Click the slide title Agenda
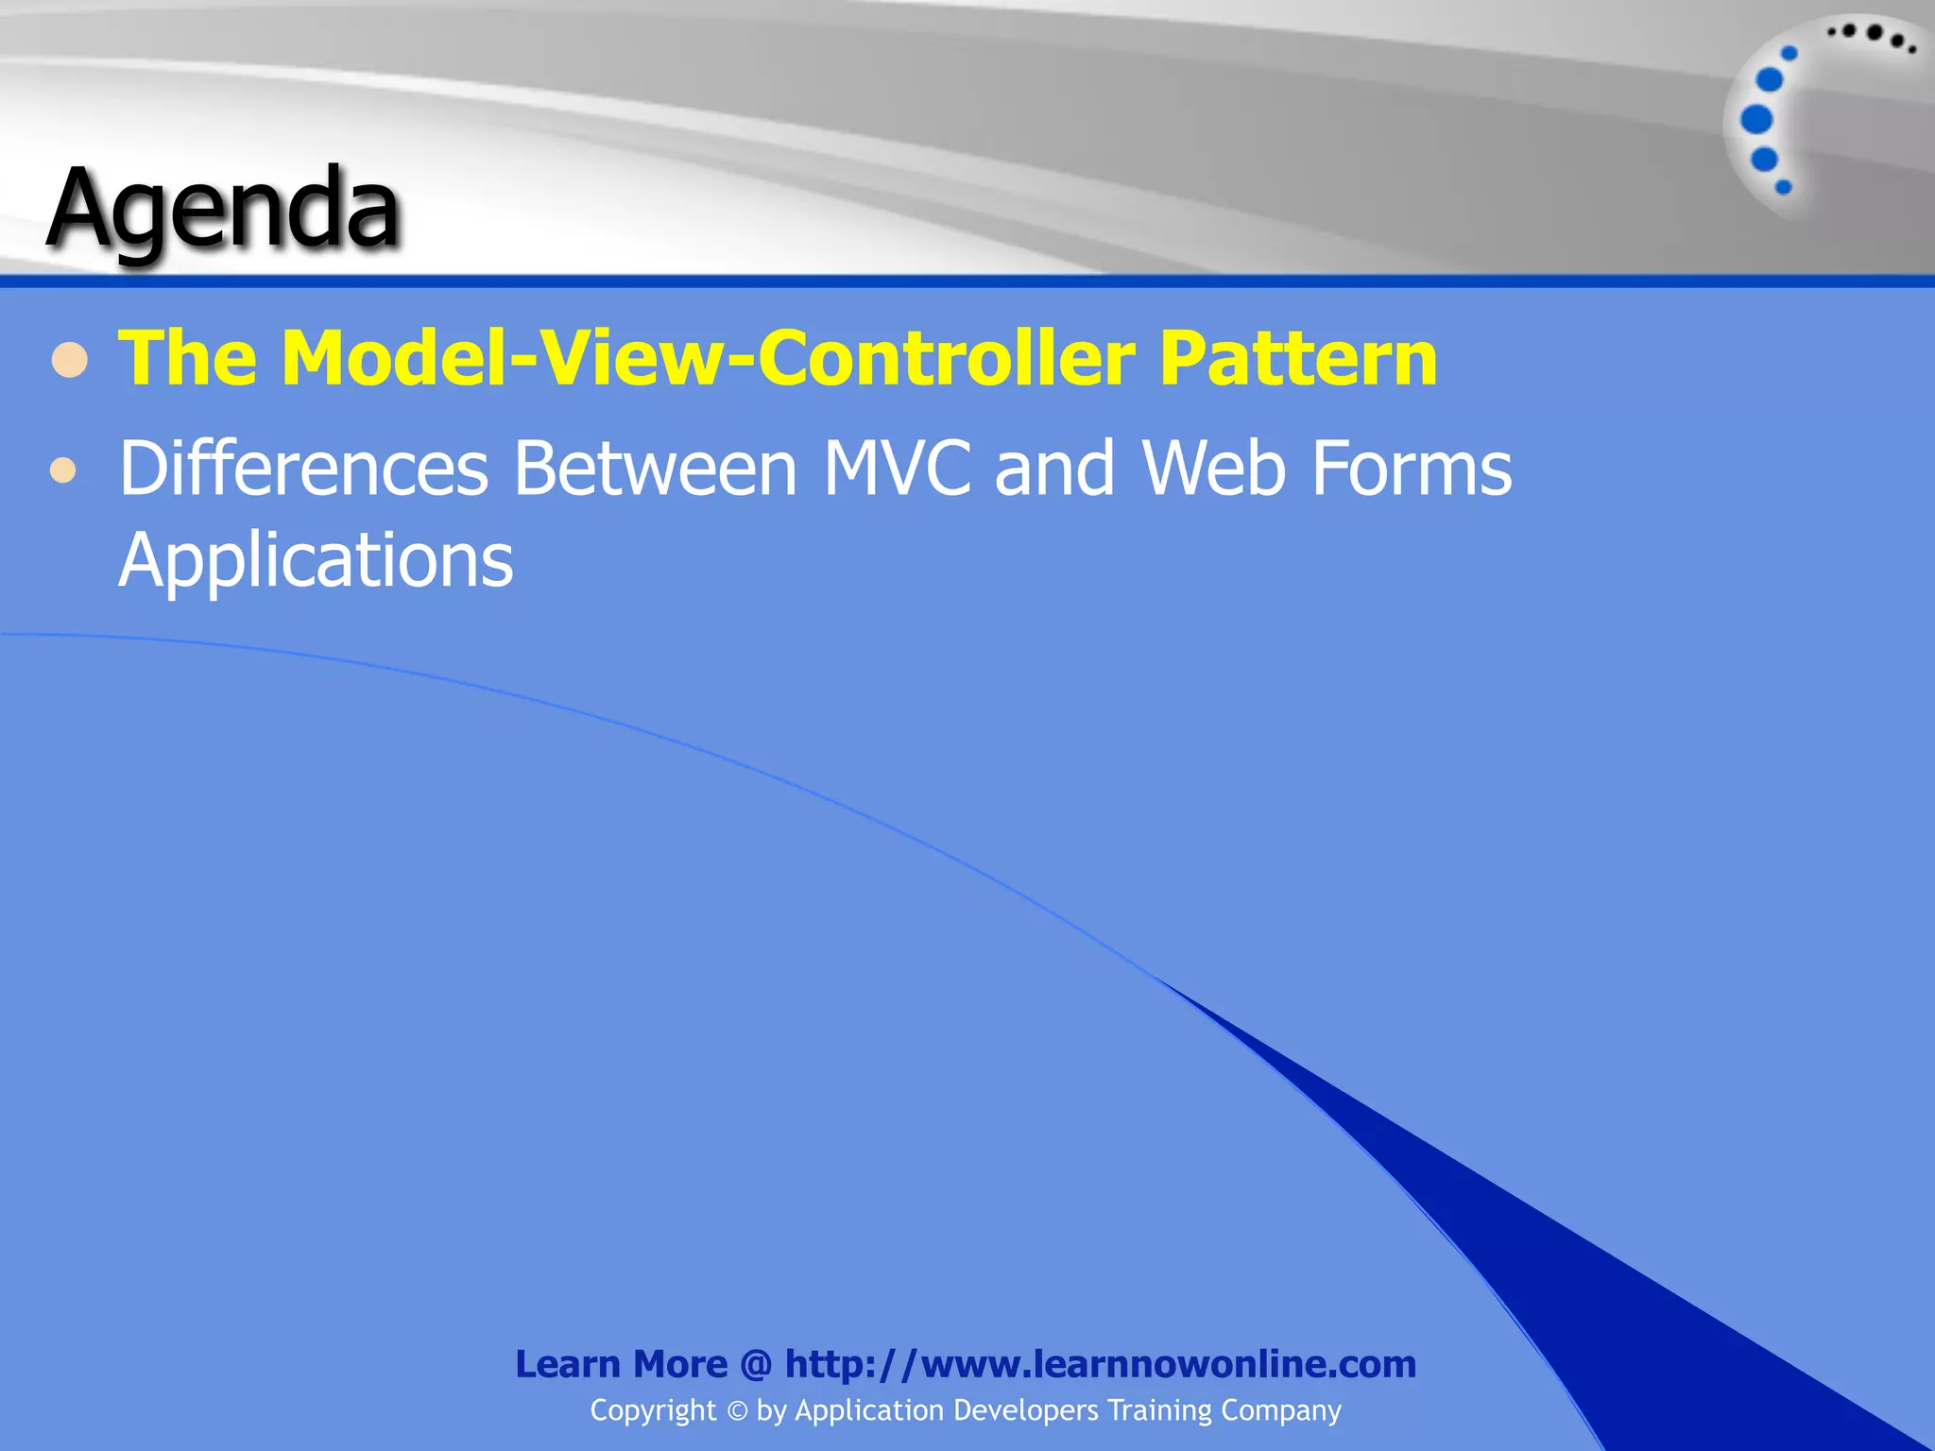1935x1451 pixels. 224,210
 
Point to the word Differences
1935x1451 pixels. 303,469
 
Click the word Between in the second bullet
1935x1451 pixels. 656,469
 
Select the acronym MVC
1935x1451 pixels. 898,469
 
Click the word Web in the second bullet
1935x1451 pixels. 1214,469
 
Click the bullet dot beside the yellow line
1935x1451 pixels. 70,360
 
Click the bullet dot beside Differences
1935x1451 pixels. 63,469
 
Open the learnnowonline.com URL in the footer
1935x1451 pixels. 1100,1364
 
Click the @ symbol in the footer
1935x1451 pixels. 756,1364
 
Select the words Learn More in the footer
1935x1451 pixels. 621,1364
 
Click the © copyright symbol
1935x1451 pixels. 737,1411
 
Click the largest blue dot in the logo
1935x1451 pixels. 1756,120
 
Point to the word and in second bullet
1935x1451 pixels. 1054,469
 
